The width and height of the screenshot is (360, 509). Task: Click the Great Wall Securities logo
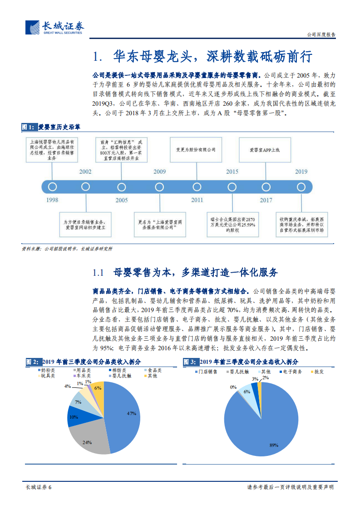coord(54,28)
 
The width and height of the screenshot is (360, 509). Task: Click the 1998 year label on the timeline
coord(52,200)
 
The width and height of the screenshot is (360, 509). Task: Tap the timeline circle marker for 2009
coord(159,186)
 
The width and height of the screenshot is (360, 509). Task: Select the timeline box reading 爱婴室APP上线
coord(265,149)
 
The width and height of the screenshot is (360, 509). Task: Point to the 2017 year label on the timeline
coord(266,200)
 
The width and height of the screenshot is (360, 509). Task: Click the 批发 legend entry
coord(318,372)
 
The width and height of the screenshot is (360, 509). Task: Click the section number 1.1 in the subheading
coord(99,273)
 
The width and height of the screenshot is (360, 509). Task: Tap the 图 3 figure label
coord(190,362)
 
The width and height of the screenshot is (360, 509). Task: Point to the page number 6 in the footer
coord(50,487)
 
